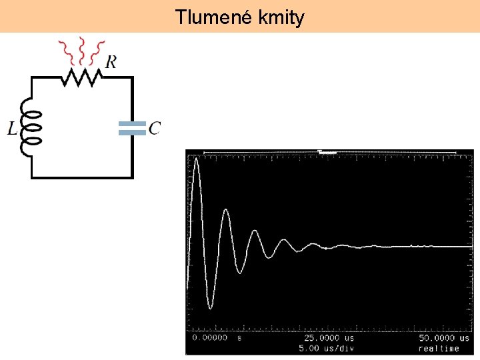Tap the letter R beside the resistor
click(x=111, y=62)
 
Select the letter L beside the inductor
click(x=13, y=129)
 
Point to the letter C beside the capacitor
click(x=155, y=128)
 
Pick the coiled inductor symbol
click(x=31, y=127)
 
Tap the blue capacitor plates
click(x=131, y=129)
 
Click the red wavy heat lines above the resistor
click(x=81, y=49)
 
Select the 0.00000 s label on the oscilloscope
click(x=210, y=338)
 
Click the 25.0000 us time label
click(x=329, y=338)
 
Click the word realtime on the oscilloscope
click(x=439, y=348)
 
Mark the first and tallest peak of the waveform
click(x=196, y=159)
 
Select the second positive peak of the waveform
click(x=227, y=210)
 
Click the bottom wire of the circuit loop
click(x=81, y=177)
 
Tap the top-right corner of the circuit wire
click(x=132, y=77)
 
